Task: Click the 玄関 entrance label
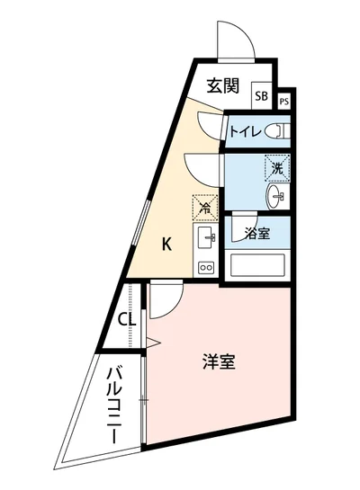click(222, 86)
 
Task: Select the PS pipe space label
click(284, 102)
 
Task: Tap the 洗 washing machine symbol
click(277, 167)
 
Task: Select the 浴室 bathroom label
click(257, 234)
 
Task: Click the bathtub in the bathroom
click(258, 265)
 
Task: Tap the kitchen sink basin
click(204, 238)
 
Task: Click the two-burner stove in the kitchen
click(204, 267)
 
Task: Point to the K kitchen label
click(167, 243)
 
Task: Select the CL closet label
click(127, 319)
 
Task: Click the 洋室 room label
click(219, 363)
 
